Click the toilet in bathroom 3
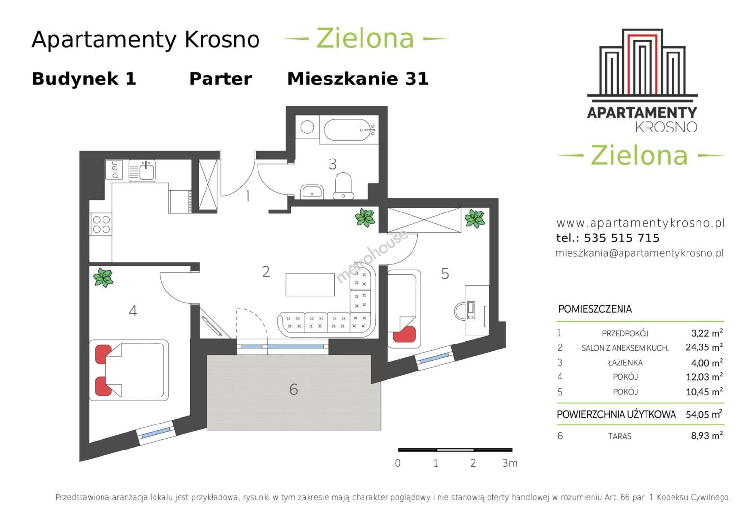click(343, 185)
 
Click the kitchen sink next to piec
click(142, 171)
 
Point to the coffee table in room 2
click(310, 285)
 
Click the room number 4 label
click(133, 311)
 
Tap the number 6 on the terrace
click(294, 389)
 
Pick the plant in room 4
click(103, 278)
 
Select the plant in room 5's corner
click(475, 219)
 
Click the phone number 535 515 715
click(621, 238)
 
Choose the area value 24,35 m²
click(704, 347)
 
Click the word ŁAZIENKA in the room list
click(625, 362)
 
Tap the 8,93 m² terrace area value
click(706, 435)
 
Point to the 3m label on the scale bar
click(510, 463)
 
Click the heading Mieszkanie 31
click(358, 79)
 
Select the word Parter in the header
click(220, 79)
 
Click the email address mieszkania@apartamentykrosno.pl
click(639, 253)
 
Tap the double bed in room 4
click(129, 370)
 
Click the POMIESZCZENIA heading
click(595, 309)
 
